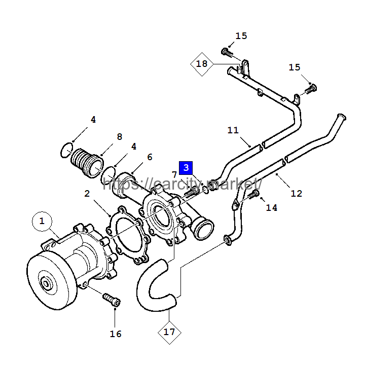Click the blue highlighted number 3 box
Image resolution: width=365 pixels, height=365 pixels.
pyautogui.click(x=186, y=168)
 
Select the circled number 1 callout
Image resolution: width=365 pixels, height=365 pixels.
pyautogui.click(x=42, y=221)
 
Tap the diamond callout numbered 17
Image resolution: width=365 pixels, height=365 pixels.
pyautogui.click(x=169, y=332)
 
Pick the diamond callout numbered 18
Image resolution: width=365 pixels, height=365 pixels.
pyautogui.click(x=202, y=64)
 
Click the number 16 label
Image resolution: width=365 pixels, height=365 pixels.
pyautogui.click(x=116, y=334)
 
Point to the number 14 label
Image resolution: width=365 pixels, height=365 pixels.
pyautogui.click(x=272, y=208)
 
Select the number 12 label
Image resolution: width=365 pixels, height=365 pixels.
pyautogui.click(x=297, y=194)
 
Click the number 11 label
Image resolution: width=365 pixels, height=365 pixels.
pyautogui.click(x=233, y=130)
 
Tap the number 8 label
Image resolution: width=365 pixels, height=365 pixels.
pyautogui.click(x=120, y=137)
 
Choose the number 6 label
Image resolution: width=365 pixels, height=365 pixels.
pyautogui.click(x=150, y=157)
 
